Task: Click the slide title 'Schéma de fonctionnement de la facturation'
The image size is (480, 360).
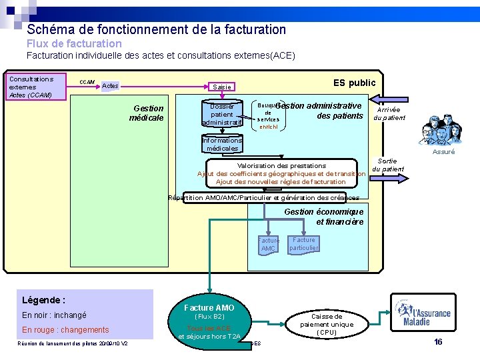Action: pyautogui.click(x=156, y=29)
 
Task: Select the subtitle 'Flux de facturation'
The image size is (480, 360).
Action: pyautogui.click(x=74, y=43)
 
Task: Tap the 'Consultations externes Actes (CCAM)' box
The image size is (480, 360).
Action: pyautogui.click(x=35, y=87)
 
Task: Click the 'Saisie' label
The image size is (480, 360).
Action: pyautogui.click(x=221, y=87)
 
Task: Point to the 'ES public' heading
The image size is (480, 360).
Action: pyautogui.click(x=354, y=83)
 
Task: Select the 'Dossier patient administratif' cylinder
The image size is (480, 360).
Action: pyautogui.click(x=222, y=114)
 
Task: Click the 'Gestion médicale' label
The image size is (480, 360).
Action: pyautogui.click(x=148, y=113)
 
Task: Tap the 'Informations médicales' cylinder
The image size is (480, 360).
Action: pyautogui.click(x=222, y=145)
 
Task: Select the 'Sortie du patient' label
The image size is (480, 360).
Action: pyautogui.click(x=387, y=165)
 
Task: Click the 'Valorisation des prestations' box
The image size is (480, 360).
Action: pyautogui.click(x=281, y=173)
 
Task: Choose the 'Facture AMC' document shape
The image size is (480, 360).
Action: pyautogui.click(x=268, y=245)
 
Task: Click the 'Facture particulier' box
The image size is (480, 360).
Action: pyautogui.click(x=304, y=244)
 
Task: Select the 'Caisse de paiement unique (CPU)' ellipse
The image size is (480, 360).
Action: pyautogui.click(x=327, y=324)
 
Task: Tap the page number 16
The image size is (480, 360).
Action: pyautogui.click(x=438, y=342)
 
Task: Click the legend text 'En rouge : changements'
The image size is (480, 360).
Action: pyautogui.click(x=65, y=329)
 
